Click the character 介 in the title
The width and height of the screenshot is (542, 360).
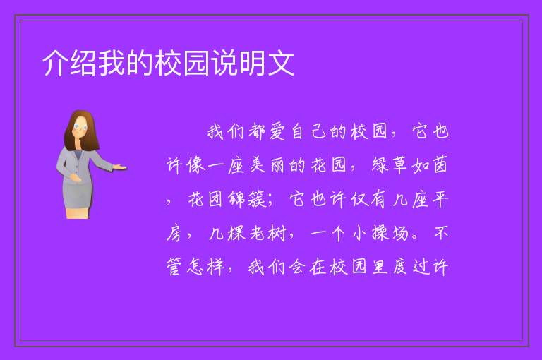point(56,63)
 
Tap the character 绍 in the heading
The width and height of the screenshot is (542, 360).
point(84,63)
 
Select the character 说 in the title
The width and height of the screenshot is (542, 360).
point(224,63)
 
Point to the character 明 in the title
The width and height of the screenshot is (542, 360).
point(253,63)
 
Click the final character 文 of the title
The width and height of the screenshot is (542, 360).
point(281,63)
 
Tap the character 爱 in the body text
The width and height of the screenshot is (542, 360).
point(277,132)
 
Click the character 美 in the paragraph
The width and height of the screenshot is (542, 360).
point(257,165)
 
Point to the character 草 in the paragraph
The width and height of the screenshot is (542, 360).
point(400,165)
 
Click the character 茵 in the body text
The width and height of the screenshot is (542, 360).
point(440,165)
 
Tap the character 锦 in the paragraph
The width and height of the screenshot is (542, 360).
point(236,199)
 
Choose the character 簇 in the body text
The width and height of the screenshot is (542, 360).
point(257,199)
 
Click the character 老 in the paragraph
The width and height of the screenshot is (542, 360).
point(257,233)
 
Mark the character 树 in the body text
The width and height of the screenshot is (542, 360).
point(277,233)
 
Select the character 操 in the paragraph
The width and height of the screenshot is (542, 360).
point(380,233)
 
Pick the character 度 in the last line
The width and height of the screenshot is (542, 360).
point(400,267)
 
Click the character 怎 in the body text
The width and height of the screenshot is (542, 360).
point(195,267)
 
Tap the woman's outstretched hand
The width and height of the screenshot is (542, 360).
point(119,167)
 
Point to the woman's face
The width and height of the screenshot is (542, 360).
point(80,126)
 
